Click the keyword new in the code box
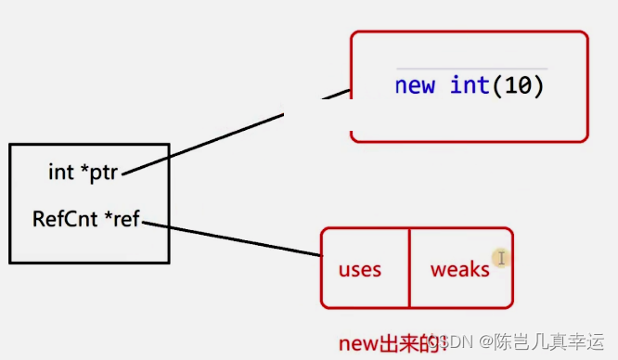(x=415, y=86)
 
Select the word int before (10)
(x=470, y=86)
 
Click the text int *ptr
(x=83, y=172)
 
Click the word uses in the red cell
(x=360, y=270)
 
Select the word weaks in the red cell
(x=459, y=270)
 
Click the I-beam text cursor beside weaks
(x=500, y=259)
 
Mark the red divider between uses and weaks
(x=409, y=268)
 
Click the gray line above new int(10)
(x=471, y=69)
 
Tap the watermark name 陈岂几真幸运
(x=547, y=342)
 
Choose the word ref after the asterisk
(x=127, y=220)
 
